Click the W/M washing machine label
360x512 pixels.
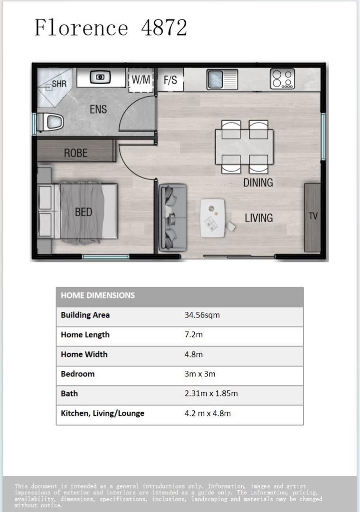tap(141, 80)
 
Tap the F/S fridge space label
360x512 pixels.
tap(170, 80)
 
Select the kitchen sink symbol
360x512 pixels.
tap(222, 79)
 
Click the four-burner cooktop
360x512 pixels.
tap(283, 79)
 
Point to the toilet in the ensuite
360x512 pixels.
tap(50, 123)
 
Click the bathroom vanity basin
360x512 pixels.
tap(100, 77)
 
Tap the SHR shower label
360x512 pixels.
tap(59, 84)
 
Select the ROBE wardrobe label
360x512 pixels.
tap(76, 153)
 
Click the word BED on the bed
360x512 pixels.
tap(84, 212)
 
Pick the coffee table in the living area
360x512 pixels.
tap(213, 218)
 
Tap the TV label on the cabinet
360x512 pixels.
tap(313, 216)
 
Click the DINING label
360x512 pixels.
tap(258, 183)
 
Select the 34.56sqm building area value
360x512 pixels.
tap(202, 315)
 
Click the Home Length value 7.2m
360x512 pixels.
tap(194, 335)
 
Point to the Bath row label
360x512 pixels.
tap(69, 394)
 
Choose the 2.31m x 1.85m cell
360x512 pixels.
tap(211, 394)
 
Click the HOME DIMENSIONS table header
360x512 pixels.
tap(98, 296)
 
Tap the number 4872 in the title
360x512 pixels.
tap(164, 28)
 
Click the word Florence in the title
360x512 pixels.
tap(81, 28)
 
